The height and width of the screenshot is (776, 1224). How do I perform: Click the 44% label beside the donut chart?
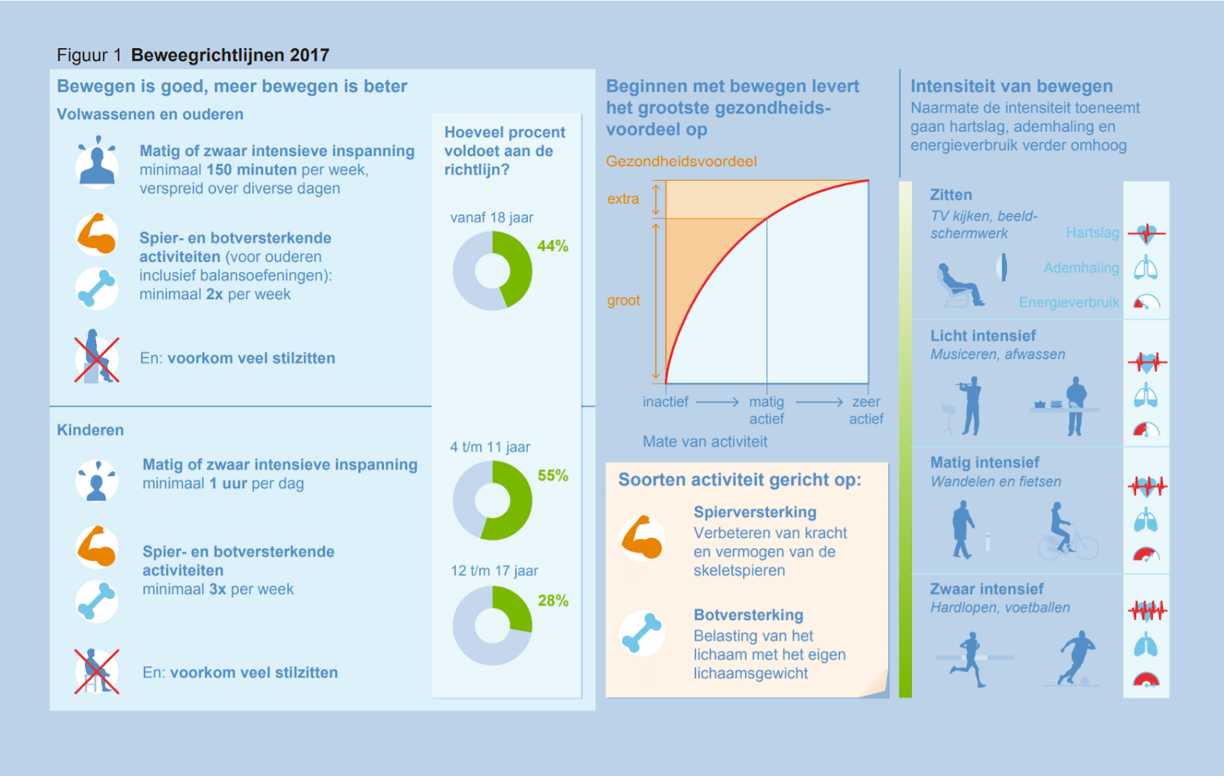point(552,246)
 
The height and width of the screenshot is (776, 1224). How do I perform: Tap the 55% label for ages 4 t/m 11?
point(552,475)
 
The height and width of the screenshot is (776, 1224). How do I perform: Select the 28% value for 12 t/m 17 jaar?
point(552,601)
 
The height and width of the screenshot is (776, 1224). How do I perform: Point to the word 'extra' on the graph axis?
point(623,199)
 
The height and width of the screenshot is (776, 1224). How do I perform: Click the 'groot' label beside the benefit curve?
point(623,301)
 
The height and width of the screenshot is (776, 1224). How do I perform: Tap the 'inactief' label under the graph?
point(666,402)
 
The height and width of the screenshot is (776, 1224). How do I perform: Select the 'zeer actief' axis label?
point(866,410)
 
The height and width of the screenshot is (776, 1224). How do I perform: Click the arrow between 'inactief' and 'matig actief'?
point(717,402)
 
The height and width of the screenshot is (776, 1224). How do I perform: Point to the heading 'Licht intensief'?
point(983,336)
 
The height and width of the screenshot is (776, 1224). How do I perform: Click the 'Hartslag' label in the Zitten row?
point(1092,233)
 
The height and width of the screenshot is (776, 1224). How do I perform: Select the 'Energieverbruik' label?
point(1069,302)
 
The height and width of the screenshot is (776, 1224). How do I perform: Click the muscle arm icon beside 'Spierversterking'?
point(642,537)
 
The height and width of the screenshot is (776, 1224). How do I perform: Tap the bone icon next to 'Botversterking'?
point(642,634)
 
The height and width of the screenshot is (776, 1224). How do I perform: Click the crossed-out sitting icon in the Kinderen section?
point(96,671)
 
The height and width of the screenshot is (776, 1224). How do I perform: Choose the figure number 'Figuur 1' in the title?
point(89,55)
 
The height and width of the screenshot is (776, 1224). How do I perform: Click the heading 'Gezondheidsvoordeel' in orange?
point(681,161)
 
